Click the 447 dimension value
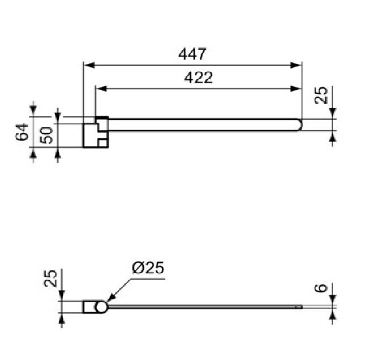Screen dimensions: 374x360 tap(192, 54)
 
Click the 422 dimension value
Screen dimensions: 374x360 tap(198, 77)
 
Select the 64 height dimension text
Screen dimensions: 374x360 tap(22, 132)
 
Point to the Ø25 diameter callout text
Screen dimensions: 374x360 tap(148, 268)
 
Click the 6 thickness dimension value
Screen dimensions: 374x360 tap(321, 288)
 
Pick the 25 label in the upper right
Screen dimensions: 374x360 tap(321, 95)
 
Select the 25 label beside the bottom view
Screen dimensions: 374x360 tap(50, 278)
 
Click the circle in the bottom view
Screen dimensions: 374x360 tap(101, 307)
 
